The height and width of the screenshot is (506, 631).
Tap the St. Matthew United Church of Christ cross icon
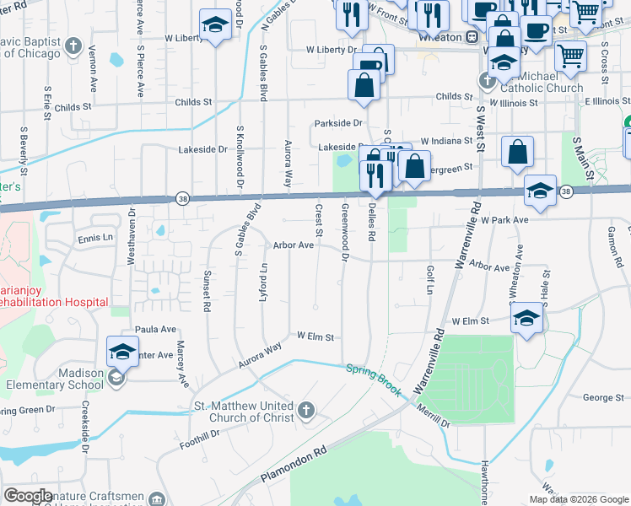306,411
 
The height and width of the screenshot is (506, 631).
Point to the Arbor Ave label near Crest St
294,245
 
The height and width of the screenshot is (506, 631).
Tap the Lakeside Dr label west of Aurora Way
203,149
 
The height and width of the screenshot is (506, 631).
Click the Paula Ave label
154,329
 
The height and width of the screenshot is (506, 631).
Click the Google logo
29,496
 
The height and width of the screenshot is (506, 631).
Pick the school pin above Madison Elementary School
122,352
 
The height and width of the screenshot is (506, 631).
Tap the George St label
602,397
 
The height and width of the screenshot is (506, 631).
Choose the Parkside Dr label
338,123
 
